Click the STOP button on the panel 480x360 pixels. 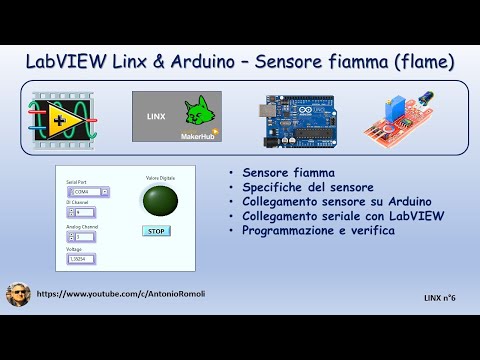(x=155, y=230)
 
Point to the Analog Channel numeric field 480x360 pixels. (x=87, y=236)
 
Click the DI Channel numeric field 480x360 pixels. (x=87, y=213)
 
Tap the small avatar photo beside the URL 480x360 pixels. (x=18, y=295)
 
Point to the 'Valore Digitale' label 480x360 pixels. (x=160, y=178)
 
